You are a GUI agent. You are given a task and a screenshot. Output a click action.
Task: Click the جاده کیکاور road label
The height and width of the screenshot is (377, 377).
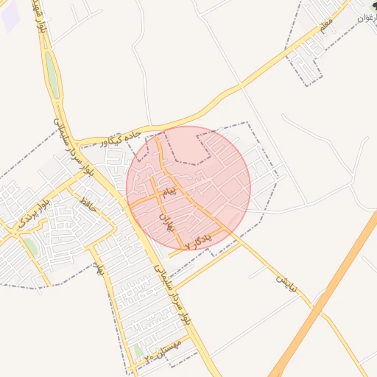tap(121, 137)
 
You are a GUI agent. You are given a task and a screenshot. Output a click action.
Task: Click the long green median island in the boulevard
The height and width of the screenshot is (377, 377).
tap(51, 71)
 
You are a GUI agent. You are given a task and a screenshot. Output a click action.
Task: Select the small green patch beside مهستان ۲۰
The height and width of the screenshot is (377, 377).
tap(138, 350)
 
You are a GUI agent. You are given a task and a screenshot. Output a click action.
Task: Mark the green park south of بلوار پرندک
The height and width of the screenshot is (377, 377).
tap(30, 246)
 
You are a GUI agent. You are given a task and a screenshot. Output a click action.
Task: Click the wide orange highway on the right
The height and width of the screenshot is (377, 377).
tap(324, 302)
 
